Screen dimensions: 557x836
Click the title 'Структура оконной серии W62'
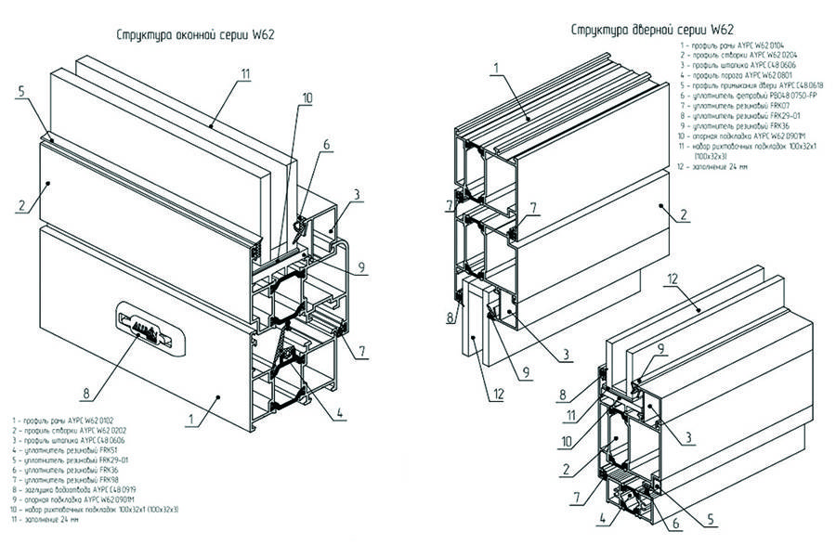pyautogui.click(x=194, y=35)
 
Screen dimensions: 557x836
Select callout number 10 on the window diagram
pyautogui.click(x=307, y=97)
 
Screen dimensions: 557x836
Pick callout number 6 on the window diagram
pyautogui.click(x=326, y=145)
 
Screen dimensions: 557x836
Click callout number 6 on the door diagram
pyautogui.click(x=675, y=524)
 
